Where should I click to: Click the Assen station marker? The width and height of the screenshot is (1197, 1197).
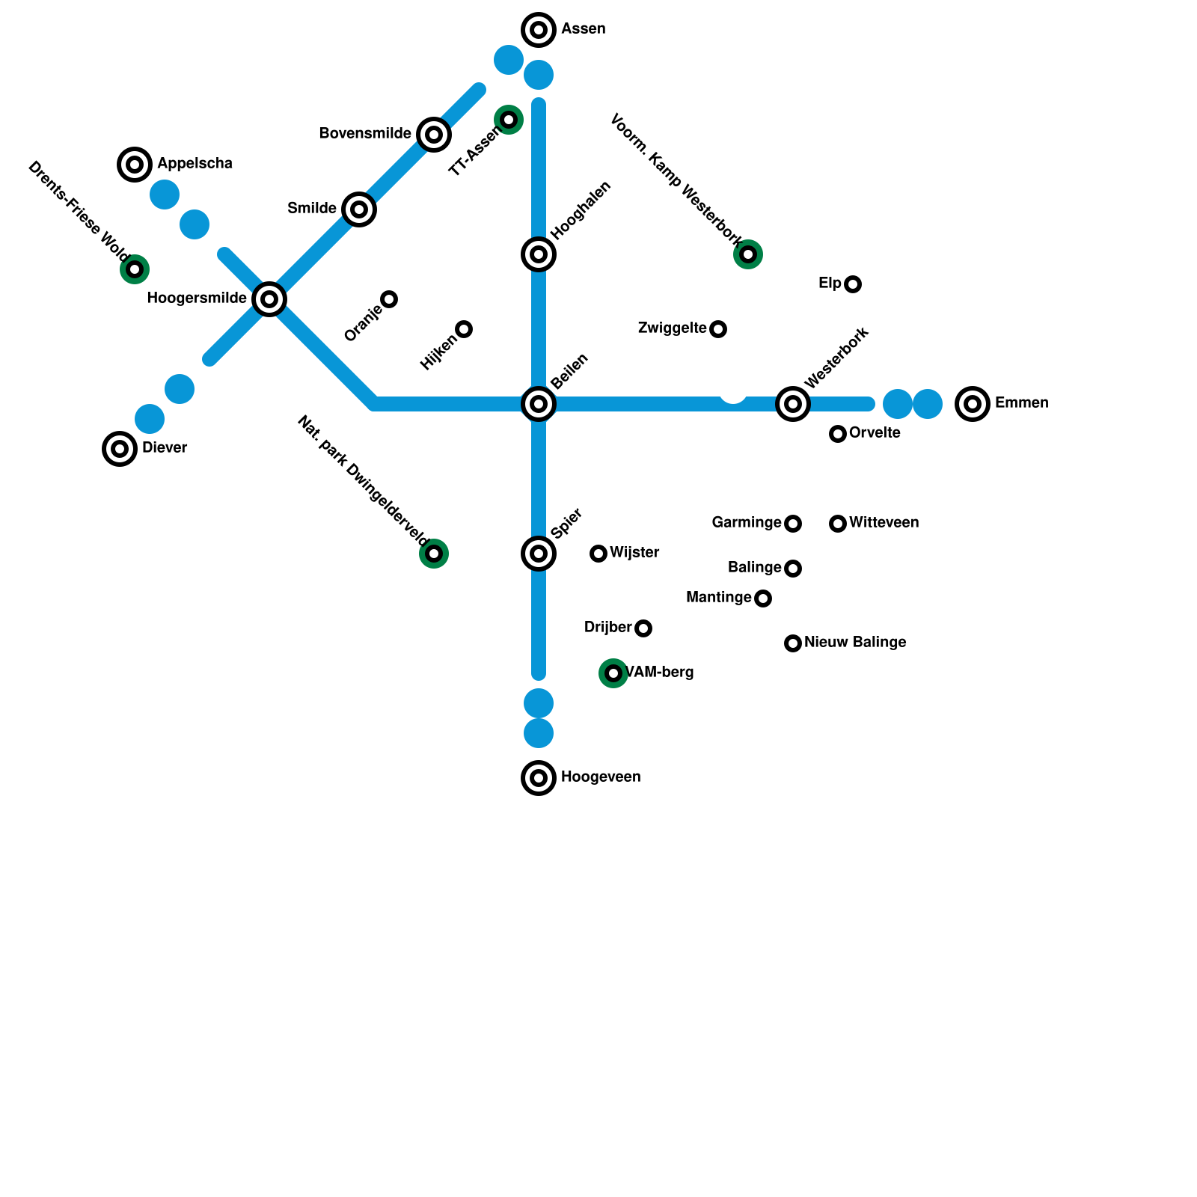pos(539,30)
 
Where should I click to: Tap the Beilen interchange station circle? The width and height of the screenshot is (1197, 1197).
pos(539,404)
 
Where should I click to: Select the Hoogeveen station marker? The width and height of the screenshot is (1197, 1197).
pos(539,778)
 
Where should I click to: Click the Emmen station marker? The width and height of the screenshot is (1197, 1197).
pos(973,404)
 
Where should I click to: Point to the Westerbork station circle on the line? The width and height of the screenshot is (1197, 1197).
pos(793,404)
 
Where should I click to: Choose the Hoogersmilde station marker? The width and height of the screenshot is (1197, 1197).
pos(269,299)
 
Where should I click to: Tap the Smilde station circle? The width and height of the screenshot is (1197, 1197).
pos(359,209)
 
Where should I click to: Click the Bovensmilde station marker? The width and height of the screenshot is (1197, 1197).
pos(434,135)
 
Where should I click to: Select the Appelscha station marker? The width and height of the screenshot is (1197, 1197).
pos(135,165)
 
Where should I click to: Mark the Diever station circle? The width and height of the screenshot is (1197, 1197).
pos(120,449)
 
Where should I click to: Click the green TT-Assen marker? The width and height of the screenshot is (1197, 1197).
pos(509,120)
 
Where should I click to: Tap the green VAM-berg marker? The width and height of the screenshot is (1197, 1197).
pos(613,673)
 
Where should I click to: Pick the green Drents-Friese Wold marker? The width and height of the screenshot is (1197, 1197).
pos(135,269)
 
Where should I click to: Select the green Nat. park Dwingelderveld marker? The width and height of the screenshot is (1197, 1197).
pos(434,554)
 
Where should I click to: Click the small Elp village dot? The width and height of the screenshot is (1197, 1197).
pos(853,284)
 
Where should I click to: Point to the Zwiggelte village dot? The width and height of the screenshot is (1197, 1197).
pos(718,329)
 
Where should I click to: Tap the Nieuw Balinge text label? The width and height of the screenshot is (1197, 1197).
pos(855,643)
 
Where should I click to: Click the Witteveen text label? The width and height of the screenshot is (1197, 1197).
pos(884,523)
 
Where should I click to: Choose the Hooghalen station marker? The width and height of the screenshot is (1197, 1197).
pos(539,254)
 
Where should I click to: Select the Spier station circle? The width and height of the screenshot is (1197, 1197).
pos(539,554)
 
